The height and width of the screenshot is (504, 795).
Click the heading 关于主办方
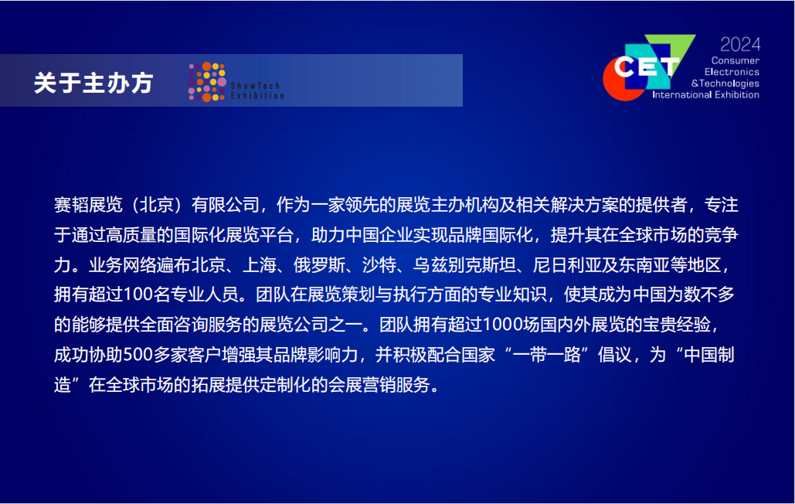click(x=93, y=83)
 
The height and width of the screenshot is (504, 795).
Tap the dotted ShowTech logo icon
click(x=207, y=82)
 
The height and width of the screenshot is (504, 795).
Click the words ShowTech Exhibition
click(x=257, y=90)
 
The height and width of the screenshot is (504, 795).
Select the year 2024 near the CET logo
click(x=740, y=45)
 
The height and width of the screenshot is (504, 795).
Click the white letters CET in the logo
click(x=647, y=67)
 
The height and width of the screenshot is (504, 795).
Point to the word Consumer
click(x=736, y=60)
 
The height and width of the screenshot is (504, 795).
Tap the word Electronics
click(x=732, y=72)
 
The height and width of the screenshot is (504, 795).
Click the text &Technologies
click(x=725, y=83)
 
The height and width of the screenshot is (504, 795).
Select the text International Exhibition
click(x=706, y=95)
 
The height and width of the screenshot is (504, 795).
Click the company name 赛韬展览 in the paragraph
click(x=88, y=205)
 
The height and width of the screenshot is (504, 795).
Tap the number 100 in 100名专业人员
click(x=138, y=295)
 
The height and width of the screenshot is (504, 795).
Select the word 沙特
click(x=379, y=264)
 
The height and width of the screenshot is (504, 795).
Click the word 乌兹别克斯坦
click(x=465, y=264)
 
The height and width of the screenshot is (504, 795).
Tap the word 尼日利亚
click(x=567, y=264)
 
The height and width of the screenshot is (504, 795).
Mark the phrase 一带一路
click(x=546, y=354)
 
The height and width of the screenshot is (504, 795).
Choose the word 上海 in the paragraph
click(x=260, y=264)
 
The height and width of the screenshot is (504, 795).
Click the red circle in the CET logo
click(x=620, y=81)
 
